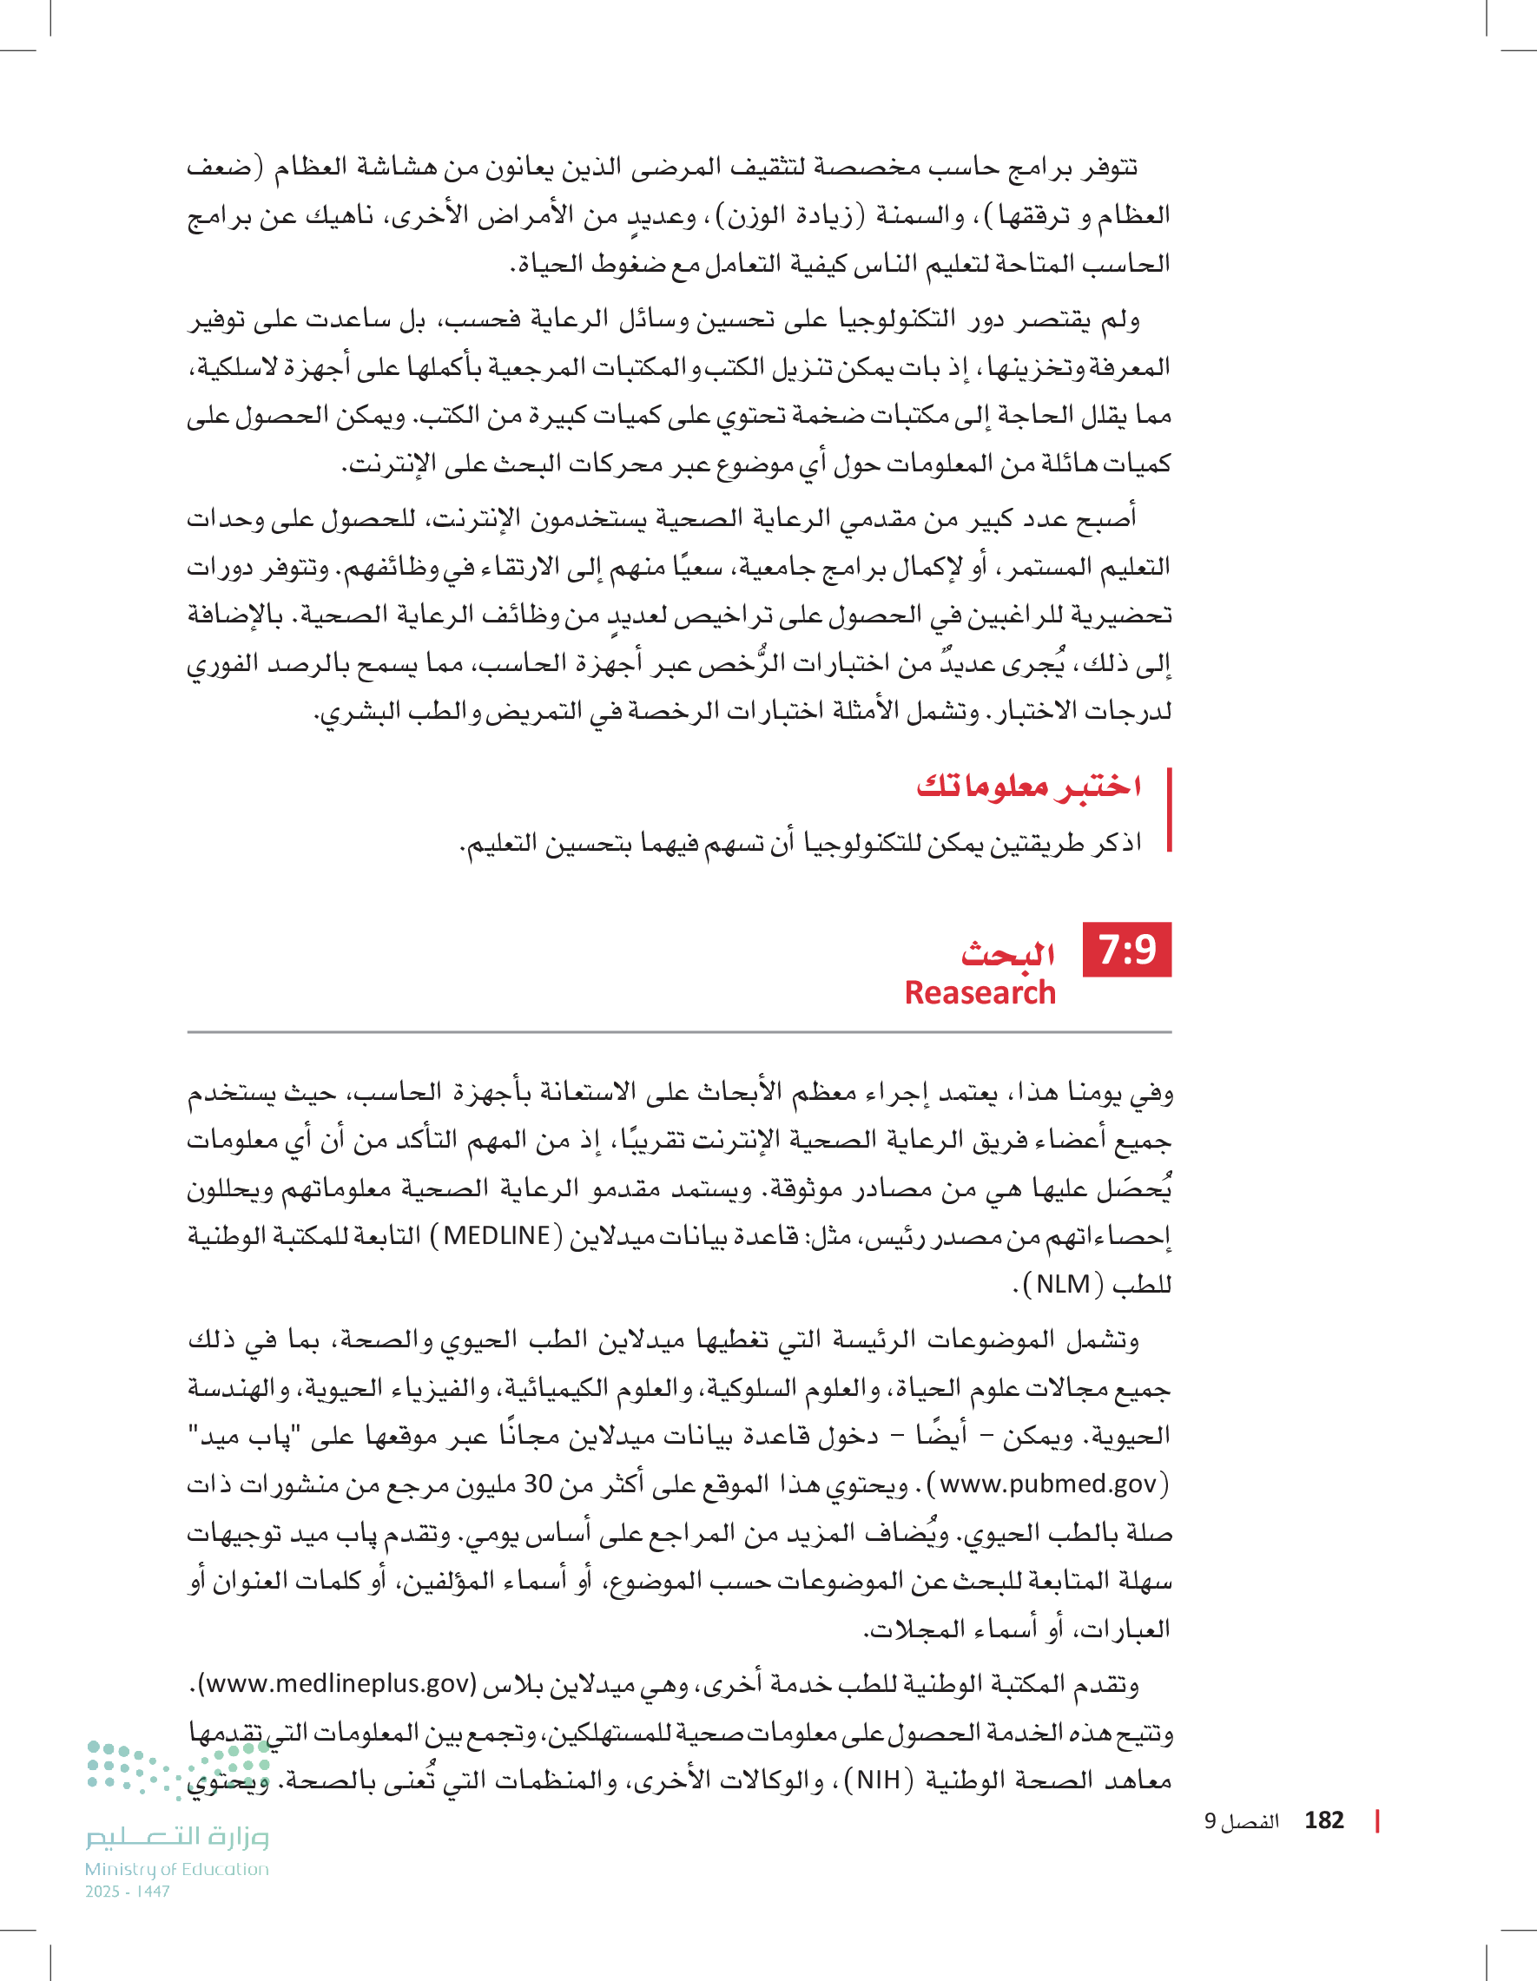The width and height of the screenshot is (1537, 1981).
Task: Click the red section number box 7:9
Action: pyautogui.click(x=1126, y=950)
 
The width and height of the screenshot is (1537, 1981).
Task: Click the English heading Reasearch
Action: pyautogui.click(x=980, y=993)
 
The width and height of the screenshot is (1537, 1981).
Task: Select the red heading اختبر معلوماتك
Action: pyautogui.click(x=1028, y=786)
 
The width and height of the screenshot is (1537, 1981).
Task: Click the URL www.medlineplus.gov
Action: pyautogui.click(x=335, y=1683)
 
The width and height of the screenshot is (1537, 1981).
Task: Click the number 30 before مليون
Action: pyautogui.click(x=538, y=1484)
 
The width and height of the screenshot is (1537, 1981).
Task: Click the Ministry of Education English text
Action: pyautogui.click(x=177, y=1869)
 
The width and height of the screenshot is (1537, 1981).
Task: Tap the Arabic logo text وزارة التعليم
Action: pyautogui.click(x=177, y=1838)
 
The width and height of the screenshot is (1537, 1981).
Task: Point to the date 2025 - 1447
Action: pyautogui.click(x=127, y=1892)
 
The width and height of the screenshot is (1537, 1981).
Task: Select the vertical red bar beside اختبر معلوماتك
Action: pyautogui.click(x=1169, y=810)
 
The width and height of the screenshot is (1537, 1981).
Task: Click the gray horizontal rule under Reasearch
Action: pyautogui.click(x=679, y=1032)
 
